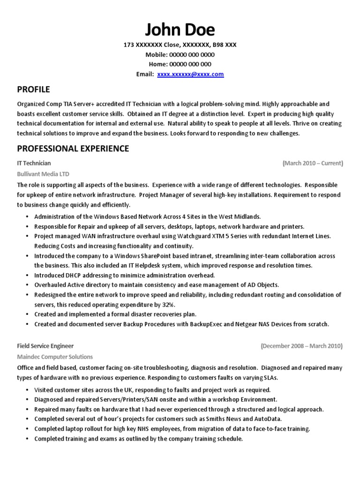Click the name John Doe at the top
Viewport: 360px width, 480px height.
coord(180,30)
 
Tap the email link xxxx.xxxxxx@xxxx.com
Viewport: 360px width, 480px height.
coord(190,74)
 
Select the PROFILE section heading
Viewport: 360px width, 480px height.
coord(33,89)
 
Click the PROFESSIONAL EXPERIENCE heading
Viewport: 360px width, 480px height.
coord(73,149)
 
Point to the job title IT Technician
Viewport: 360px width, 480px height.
coord(34,163)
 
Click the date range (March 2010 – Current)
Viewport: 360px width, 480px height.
coord(313,163)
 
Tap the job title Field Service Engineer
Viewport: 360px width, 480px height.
coord(45,346)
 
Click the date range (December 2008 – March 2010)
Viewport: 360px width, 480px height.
coord(301,346)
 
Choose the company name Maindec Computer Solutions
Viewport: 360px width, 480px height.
coord(55,356)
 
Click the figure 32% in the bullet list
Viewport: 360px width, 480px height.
coord(161,304)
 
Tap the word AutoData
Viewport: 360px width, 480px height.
coord(269,419)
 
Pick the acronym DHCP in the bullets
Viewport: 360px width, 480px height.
coord(74,275)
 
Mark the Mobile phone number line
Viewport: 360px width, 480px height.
coord(180,54)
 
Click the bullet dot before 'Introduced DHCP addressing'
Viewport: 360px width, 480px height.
coord(28,275)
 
